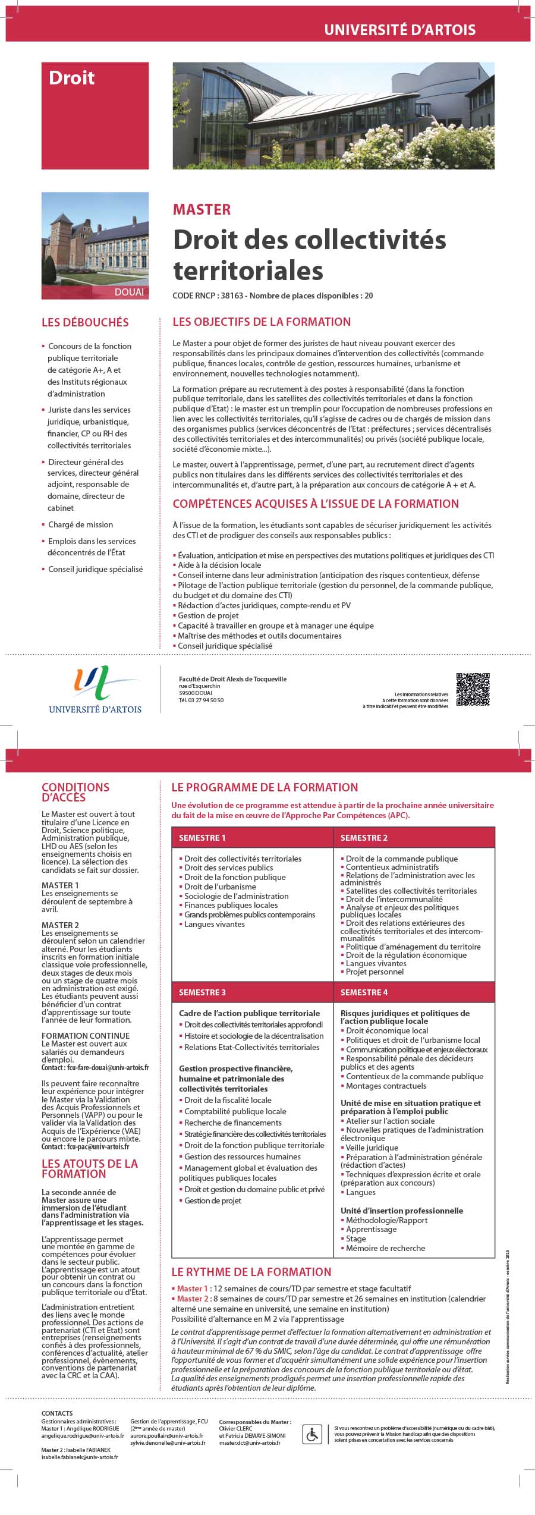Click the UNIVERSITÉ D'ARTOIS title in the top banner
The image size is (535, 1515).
[399, 30]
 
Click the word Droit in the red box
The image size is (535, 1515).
[71, 78]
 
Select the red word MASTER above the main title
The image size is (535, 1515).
[202, 209]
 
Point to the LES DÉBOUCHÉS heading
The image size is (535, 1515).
[85, 322]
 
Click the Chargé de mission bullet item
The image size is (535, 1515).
[80, 524]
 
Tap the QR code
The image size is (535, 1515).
[473, 689]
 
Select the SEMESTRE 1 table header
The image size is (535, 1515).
[202, 838]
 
